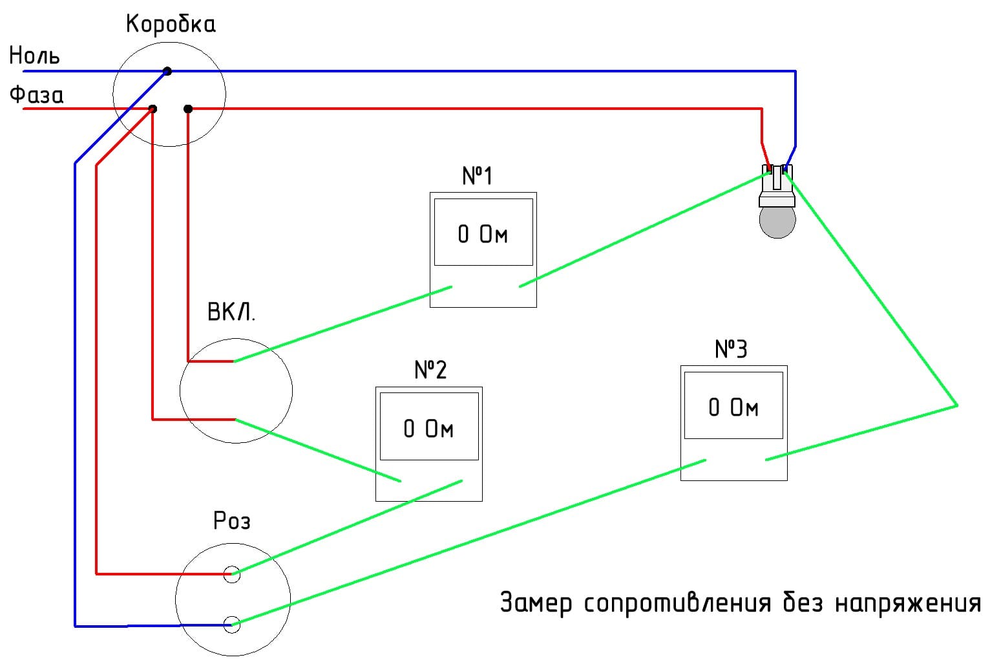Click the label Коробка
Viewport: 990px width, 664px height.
171,25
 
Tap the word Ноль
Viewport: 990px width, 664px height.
34,56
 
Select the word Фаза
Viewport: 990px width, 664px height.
36,96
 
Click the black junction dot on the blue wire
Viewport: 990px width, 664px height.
167,71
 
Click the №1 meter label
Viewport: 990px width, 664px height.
478,176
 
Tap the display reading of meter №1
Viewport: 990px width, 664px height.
483,234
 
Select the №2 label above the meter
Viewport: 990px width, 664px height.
430,370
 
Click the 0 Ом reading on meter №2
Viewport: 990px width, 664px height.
428,429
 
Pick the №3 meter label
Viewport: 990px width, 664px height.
731,349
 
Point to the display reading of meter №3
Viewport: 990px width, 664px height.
733,407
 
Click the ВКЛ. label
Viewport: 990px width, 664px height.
231,313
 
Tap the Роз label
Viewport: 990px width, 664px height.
231,521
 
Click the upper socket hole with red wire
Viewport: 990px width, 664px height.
231,573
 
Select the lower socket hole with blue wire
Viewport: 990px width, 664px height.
231,624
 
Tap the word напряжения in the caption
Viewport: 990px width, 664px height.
908,604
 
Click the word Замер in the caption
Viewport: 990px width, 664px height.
536,603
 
